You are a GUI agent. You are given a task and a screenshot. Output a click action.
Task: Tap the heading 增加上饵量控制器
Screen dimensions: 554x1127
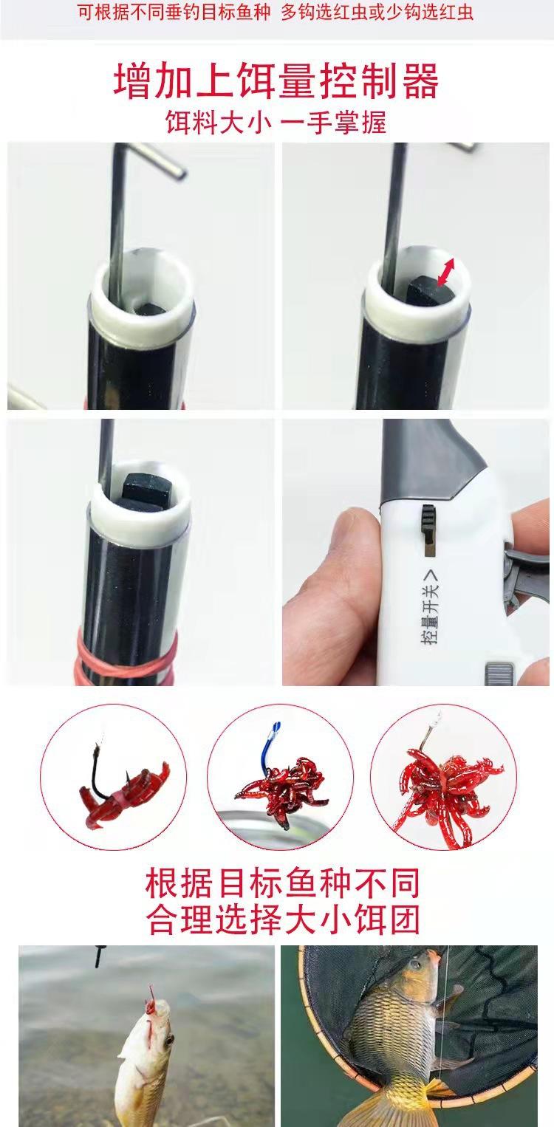[x=276, y=81]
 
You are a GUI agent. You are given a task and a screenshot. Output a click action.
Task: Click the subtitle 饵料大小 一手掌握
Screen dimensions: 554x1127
[x=276, y=123]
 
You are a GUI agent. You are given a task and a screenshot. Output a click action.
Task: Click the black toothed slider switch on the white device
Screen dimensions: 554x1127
[x=428, y=521]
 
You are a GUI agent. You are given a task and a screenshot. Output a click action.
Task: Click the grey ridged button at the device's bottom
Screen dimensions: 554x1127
[x=499, y=674]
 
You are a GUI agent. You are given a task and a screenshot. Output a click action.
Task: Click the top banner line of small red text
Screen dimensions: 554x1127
[x=276, y=12]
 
